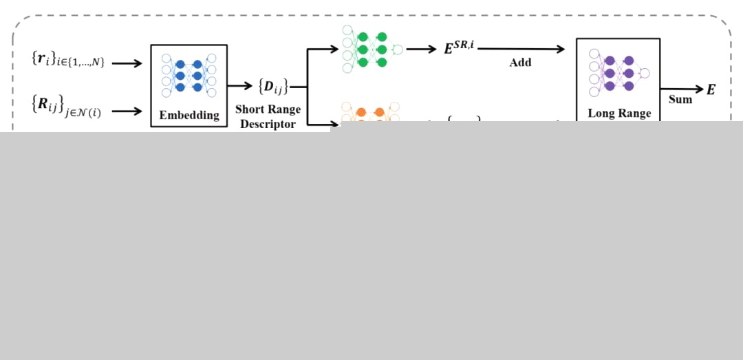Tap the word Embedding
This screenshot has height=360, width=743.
pos(189,115)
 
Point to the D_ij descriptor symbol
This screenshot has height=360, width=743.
pos(273,87)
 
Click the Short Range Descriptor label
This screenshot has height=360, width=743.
pos(268,116)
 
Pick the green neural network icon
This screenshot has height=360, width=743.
pos(372,49)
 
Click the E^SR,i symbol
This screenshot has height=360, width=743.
pos(459,48)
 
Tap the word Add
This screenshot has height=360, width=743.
pos(520,63)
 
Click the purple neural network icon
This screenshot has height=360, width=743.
pos(618,72)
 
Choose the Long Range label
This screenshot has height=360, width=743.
pos(619,113)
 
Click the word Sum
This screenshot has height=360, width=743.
pos(680,99)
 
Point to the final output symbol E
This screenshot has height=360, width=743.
pos(711,89)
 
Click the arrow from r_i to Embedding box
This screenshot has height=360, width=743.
pos(127,63)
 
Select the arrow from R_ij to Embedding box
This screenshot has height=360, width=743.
pos(127,110)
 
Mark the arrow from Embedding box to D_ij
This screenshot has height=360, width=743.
pos(240,86)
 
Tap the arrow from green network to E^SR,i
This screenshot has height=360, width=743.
pos(421,49)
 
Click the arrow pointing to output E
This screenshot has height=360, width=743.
pos(682,89)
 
